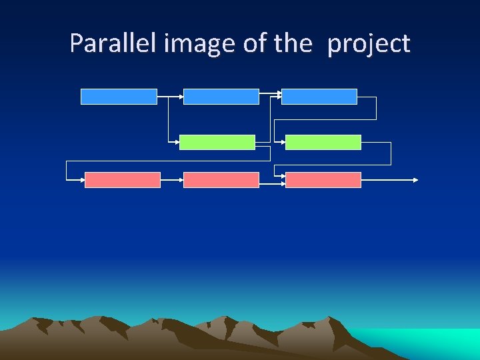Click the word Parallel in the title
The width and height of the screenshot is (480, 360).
pos(104,44)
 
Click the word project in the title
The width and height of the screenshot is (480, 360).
pos(369,45)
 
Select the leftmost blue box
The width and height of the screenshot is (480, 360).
pos(119,97)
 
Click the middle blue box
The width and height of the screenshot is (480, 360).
pos(221,97)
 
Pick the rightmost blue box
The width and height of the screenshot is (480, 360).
pos(319,97)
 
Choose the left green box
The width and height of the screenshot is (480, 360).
pos(217,142)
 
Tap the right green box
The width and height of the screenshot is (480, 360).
pos(323,142)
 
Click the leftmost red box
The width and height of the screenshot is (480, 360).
pos(123,180)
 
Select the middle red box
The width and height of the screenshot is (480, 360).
pos(221,180)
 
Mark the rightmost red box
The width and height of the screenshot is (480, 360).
pos(323,180)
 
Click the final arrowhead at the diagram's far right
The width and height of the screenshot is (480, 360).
pos(416,180)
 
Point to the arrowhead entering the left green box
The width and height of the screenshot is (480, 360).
pos(177,142)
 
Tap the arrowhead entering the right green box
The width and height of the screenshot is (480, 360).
pos(283,142)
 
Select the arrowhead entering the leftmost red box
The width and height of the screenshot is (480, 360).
pos(82,180)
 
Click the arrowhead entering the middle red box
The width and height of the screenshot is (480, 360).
pos(181,180)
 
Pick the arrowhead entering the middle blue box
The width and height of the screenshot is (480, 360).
pos(181,97)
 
